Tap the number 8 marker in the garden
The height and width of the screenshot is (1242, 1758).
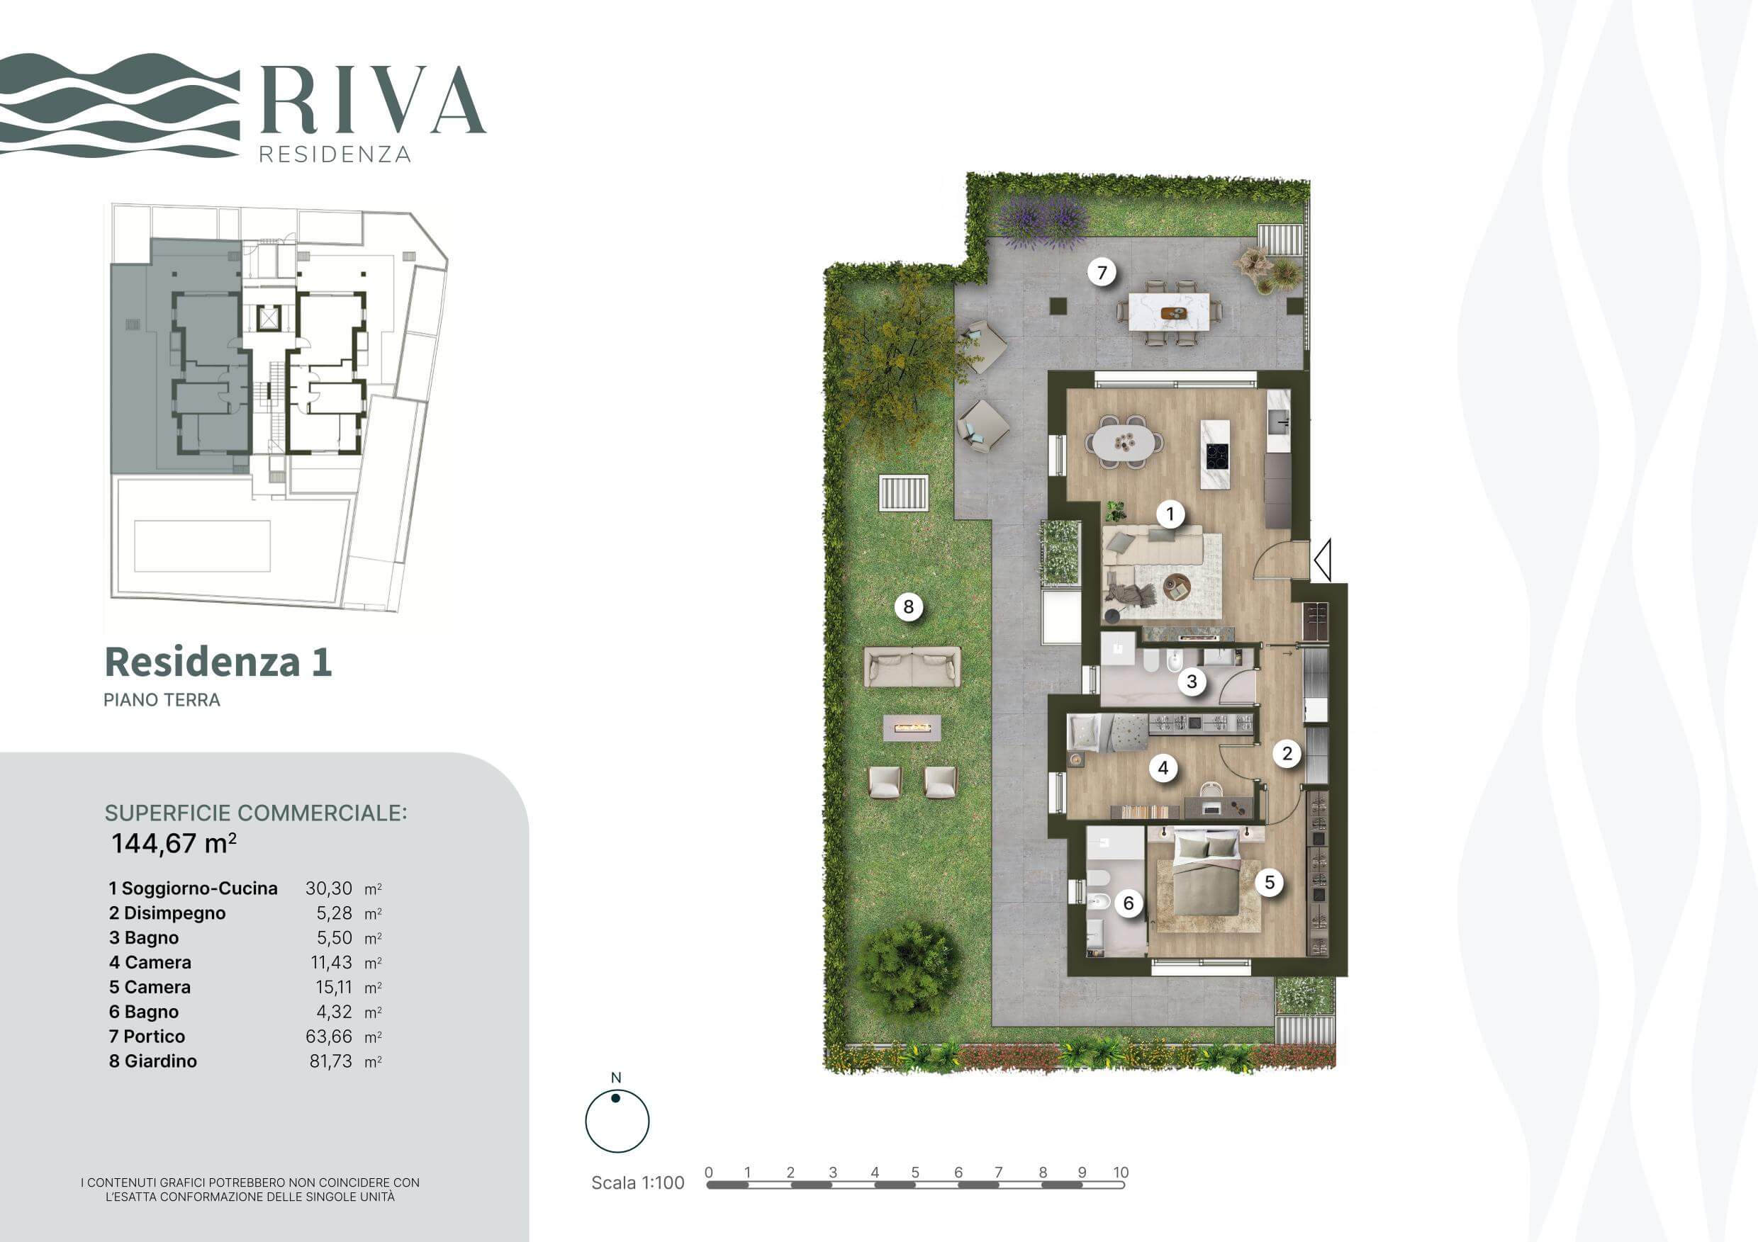909,607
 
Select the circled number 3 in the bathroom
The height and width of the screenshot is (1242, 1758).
1192,681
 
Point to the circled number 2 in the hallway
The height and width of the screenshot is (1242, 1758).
1287,754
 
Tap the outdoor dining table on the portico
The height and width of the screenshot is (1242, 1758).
1169,312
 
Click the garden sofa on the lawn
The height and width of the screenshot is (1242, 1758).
912,667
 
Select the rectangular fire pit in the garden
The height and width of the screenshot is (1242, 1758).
912,728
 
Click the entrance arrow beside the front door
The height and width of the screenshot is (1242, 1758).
1322,560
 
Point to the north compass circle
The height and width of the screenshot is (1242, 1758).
617,1121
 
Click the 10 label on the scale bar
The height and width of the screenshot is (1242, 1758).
1121,1173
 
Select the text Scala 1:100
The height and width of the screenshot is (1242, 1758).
638,1183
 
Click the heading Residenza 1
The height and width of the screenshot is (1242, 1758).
218,662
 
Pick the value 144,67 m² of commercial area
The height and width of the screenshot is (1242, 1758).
174,843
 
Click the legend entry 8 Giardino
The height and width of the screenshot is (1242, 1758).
153,1061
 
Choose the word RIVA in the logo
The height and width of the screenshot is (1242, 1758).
373,99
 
